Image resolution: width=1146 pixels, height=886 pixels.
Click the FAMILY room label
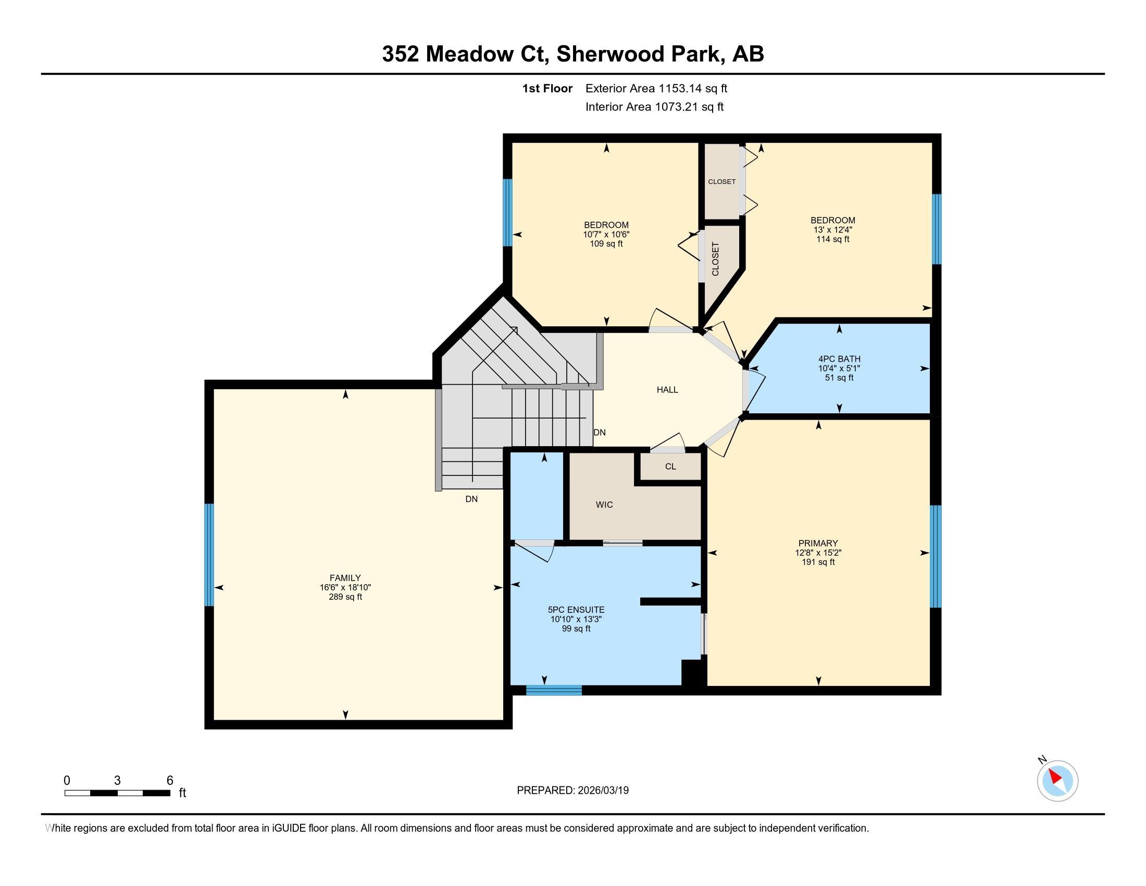tap(345, 578)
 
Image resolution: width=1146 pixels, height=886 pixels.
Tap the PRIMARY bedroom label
tap(818, 543)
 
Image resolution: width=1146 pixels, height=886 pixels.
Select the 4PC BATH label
tap(839, 359)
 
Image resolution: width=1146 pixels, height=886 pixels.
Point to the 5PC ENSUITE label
tap(576, 610)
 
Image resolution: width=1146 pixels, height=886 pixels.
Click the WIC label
tap(604, 505)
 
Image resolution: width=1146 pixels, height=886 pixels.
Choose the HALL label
tap(667, 389)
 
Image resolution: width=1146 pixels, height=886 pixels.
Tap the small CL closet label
tap(670, 466)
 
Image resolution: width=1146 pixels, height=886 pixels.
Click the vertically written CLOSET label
tap(715, 259)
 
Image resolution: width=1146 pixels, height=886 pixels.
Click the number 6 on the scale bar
tap(169, 781)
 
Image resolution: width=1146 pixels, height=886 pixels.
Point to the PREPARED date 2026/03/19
tap(603, 791)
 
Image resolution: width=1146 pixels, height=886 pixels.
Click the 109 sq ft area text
tap(606, 244)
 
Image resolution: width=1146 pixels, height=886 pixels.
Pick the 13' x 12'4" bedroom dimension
tap(833, 230)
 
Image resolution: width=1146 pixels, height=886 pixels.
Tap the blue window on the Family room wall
tap(209, 555)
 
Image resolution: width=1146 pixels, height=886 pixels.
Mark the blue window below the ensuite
tap(554, 690)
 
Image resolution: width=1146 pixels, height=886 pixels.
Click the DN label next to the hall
tap(599, 433)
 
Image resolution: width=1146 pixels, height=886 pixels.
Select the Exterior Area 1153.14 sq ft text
tap(656, 89)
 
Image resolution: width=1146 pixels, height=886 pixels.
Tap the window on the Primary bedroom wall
tap(936, 557)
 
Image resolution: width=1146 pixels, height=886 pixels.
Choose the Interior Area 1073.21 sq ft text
tap(654, 107)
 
